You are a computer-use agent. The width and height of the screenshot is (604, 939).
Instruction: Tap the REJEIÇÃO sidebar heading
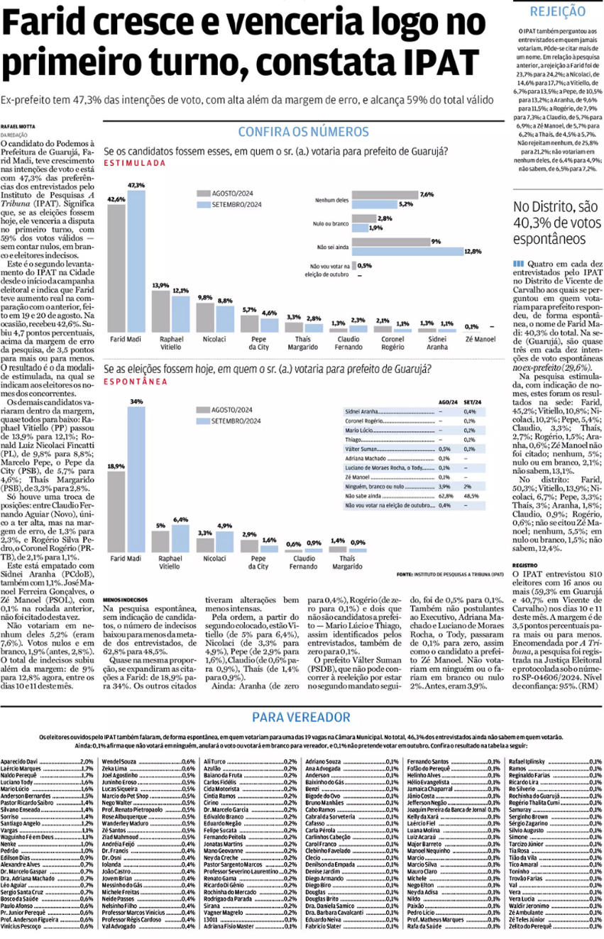557,11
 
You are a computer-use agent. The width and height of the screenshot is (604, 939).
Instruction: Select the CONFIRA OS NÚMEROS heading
303,132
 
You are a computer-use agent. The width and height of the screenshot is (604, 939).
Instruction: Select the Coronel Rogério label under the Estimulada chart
392,343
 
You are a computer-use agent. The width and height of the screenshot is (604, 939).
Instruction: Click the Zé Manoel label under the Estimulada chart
481,340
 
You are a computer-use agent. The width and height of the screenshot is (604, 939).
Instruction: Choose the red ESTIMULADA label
135,163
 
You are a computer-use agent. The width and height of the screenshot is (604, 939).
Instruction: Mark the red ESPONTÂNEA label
136,382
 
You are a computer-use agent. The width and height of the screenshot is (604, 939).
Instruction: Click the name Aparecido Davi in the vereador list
19,761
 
